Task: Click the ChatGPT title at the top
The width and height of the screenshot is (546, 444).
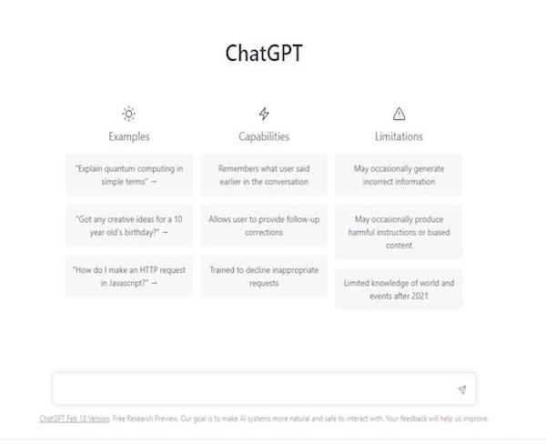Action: [264, 54]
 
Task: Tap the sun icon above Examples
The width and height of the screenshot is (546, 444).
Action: [129, 114]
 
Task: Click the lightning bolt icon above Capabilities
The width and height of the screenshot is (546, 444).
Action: [264, 114]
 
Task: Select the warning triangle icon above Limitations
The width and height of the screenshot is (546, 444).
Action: [399, 114]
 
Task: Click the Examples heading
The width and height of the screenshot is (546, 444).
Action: [129, 136]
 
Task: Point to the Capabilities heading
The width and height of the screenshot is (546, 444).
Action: [264, 136]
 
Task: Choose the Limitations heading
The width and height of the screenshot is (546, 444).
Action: [399, 136]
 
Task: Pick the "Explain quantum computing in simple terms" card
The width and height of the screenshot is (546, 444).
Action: [129, 175]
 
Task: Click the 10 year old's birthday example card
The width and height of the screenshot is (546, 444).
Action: [129, 226]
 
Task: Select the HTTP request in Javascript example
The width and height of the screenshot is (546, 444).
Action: [129, 277]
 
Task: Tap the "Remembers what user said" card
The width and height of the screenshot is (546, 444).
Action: [264, 175]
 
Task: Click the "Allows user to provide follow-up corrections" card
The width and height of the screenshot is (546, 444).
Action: [264, 226]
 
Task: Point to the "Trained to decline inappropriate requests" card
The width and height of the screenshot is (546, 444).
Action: [264, 277]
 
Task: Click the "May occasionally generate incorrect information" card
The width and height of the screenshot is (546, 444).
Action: [399, 175]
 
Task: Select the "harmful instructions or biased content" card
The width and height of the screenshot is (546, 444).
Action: [399, 232]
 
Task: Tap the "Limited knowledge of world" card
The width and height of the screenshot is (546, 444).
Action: [399, 289]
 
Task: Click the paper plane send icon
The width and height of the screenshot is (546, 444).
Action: [462, 389]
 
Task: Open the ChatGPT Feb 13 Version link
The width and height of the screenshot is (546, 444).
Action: [75, 419]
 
